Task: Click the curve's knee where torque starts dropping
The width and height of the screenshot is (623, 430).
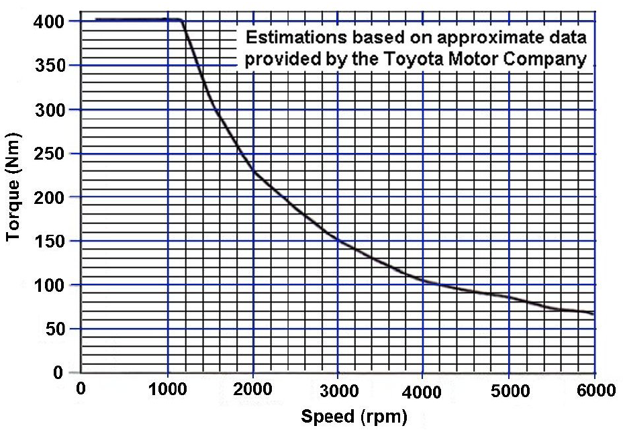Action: pyautogui.click(x=182, y=21)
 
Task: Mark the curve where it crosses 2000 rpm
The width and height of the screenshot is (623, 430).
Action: pyautogui.click(x=253, y=172)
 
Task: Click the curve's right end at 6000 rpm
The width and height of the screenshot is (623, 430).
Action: pyautogui.click(x=593, y=314)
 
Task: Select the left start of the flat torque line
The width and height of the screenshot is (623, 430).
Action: pyautogui.click(x=96, y=19)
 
